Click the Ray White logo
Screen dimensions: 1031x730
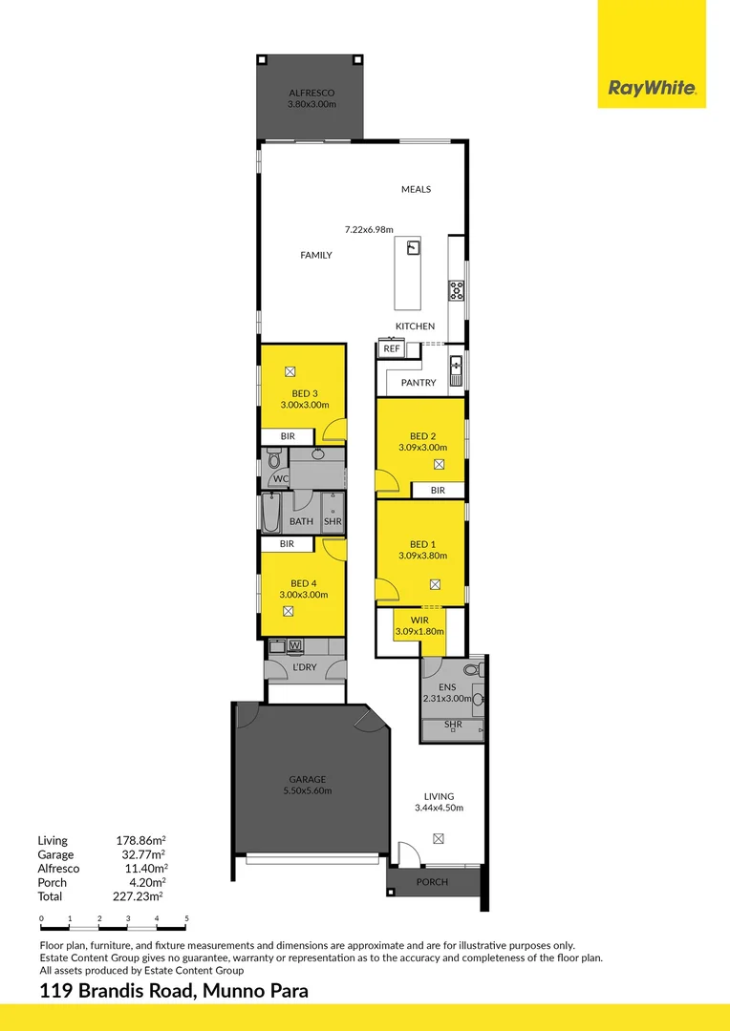652,89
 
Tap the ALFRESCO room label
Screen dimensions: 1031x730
311,94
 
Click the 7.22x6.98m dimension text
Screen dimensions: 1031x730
369,229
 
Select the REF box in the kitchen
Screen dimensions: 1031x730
391,349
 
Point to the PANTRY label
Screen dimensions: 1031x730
419,383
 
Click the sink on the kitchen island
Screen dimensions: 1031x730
414,249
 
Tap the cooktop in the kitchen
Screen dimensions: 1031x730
457,290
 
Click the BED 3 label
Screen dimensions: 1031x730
304,393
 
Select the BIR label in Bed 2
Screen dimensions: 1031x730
438,490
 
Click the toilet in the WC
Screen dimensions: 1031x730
275,462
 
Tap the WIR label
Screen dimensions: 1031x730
419,621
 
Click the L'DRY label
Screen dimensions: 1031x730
304,667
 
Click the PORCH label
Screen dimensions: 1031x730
432,882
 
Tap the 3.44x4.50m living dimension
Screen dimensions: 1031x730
439,808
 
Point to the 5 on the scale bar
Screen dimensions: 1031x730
186,918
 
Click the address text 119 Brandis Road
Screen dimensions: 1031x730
118,991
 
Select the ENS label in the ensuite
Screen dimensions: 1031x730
447,686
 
